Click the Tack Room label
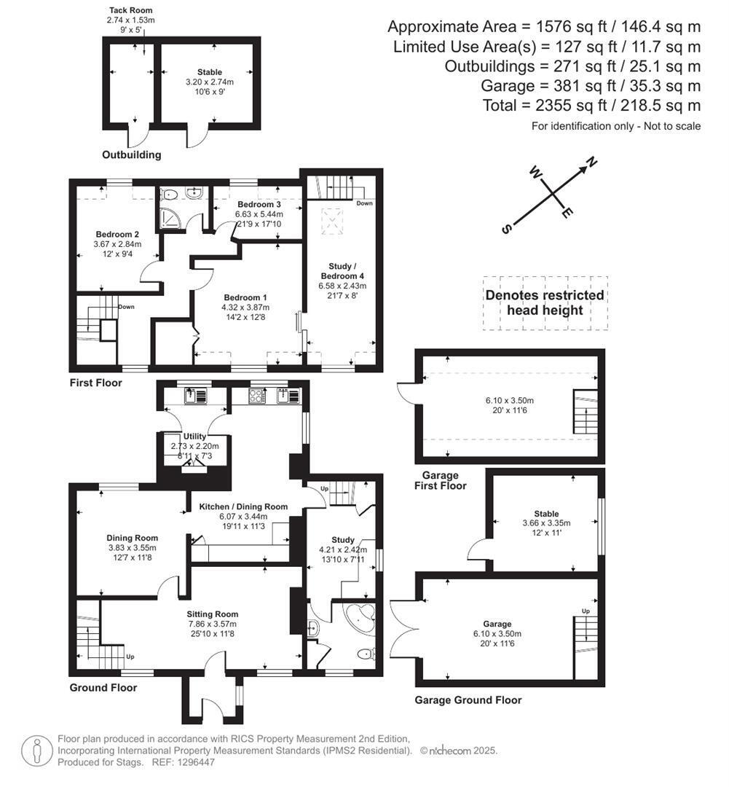tap(130, 10)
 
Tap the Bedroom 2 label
tap(117, 235)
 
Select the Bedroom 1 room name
tap(245, 297)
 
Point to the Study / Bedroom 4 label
tap(342, 271)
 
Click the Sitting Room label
tap(212, 614)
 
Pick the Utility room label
tap(194, 436)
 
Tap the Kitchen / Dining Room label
tap(243, 506)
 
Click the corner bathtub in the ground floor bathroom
tap(360, 619)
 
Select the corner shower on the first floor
tap(168, 218)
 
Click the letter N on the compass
tap(593, 162)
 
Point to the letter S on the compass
tap(506, 229)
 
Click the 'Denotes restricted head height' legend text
tap(545, 302)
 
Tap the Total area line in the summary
tap(591, 106)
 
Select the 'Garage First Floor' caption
tap(441, 480)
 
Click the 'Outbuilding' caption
tap(131, 154)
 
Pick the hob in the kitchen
tap(258, 396)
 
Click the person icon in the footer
tap(37, 751)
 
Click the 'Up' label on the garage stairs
tap(586, 611)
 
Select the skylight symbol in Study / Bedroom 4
tap(331, 222)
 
